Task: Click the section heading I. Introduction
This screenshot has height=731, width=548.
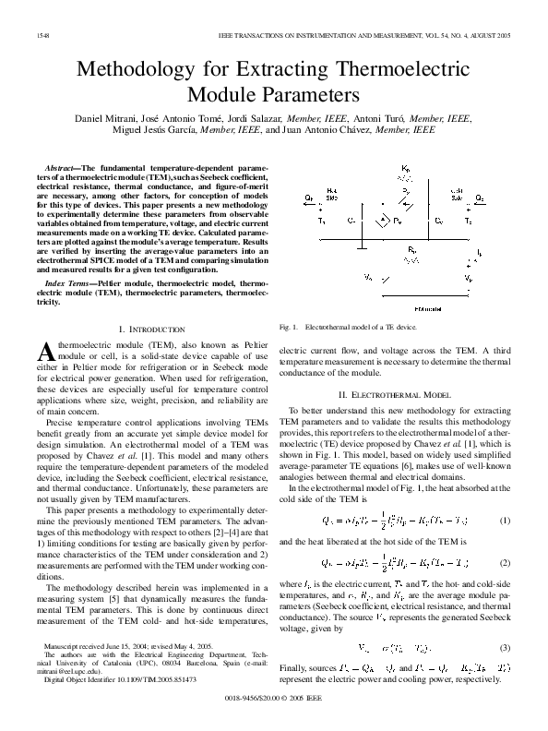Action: (x=154, y=329)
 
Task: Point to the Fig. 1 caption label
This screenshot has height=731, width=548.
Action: (x=288, y=327)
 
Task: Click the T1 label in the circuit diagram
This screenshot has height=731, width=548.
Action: (x=322, y=222)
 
